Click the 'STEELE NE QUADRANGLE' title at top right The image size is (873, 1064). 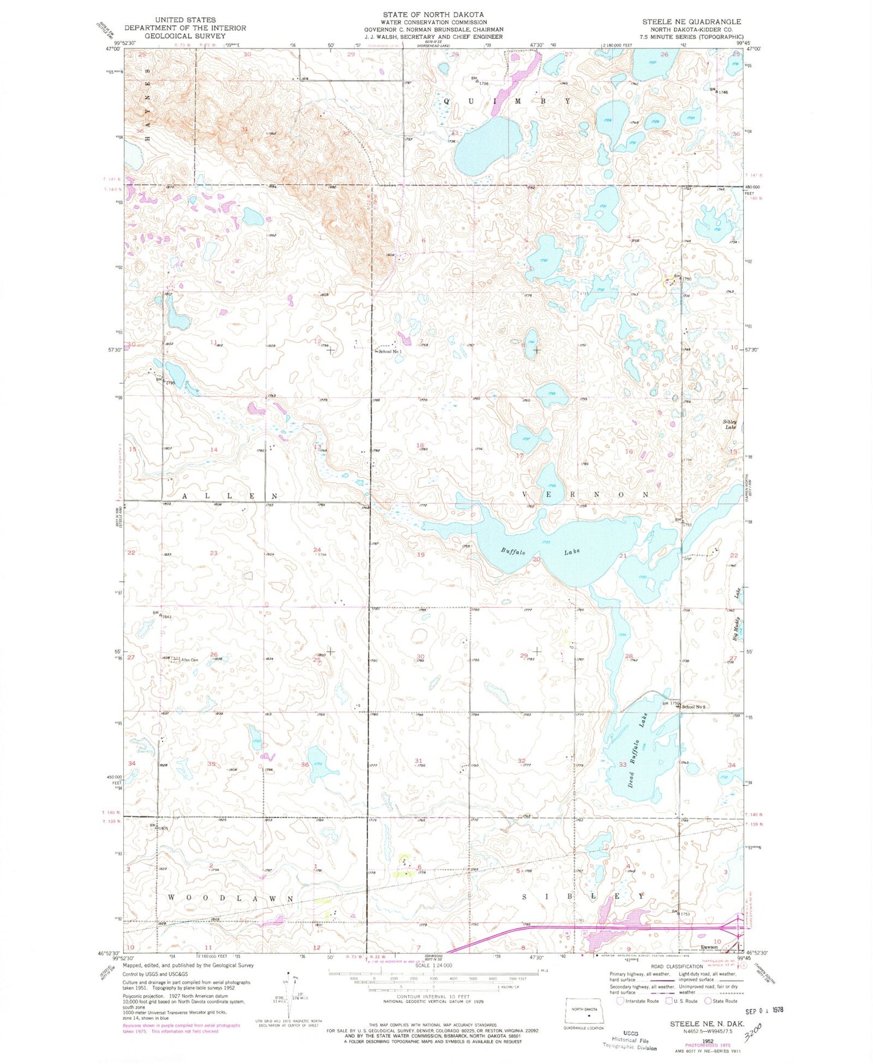pyautogui.click(x=691, y=21)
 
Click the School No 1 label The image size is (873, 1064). pyautogui.click(x=390, y=352)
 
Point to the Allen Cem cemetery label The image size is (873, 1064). pyautogui.click(x=189, y=660)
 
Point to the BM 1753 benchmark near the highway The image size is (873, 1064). pyautogui.click(x=681, y=913)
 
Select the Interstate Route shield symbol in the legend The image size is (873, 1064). pyautogui.click(x=620, y=1001)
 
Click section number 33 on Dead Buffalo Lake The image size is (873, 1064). pyautogui.click(x=622, y=765)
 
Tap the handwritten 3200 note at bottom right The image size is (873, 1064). pyautogui.click(x=755, y=1031)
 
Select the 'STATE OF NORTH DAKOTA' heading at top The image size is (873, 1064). pyautogui.click(x=433, y=14)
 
